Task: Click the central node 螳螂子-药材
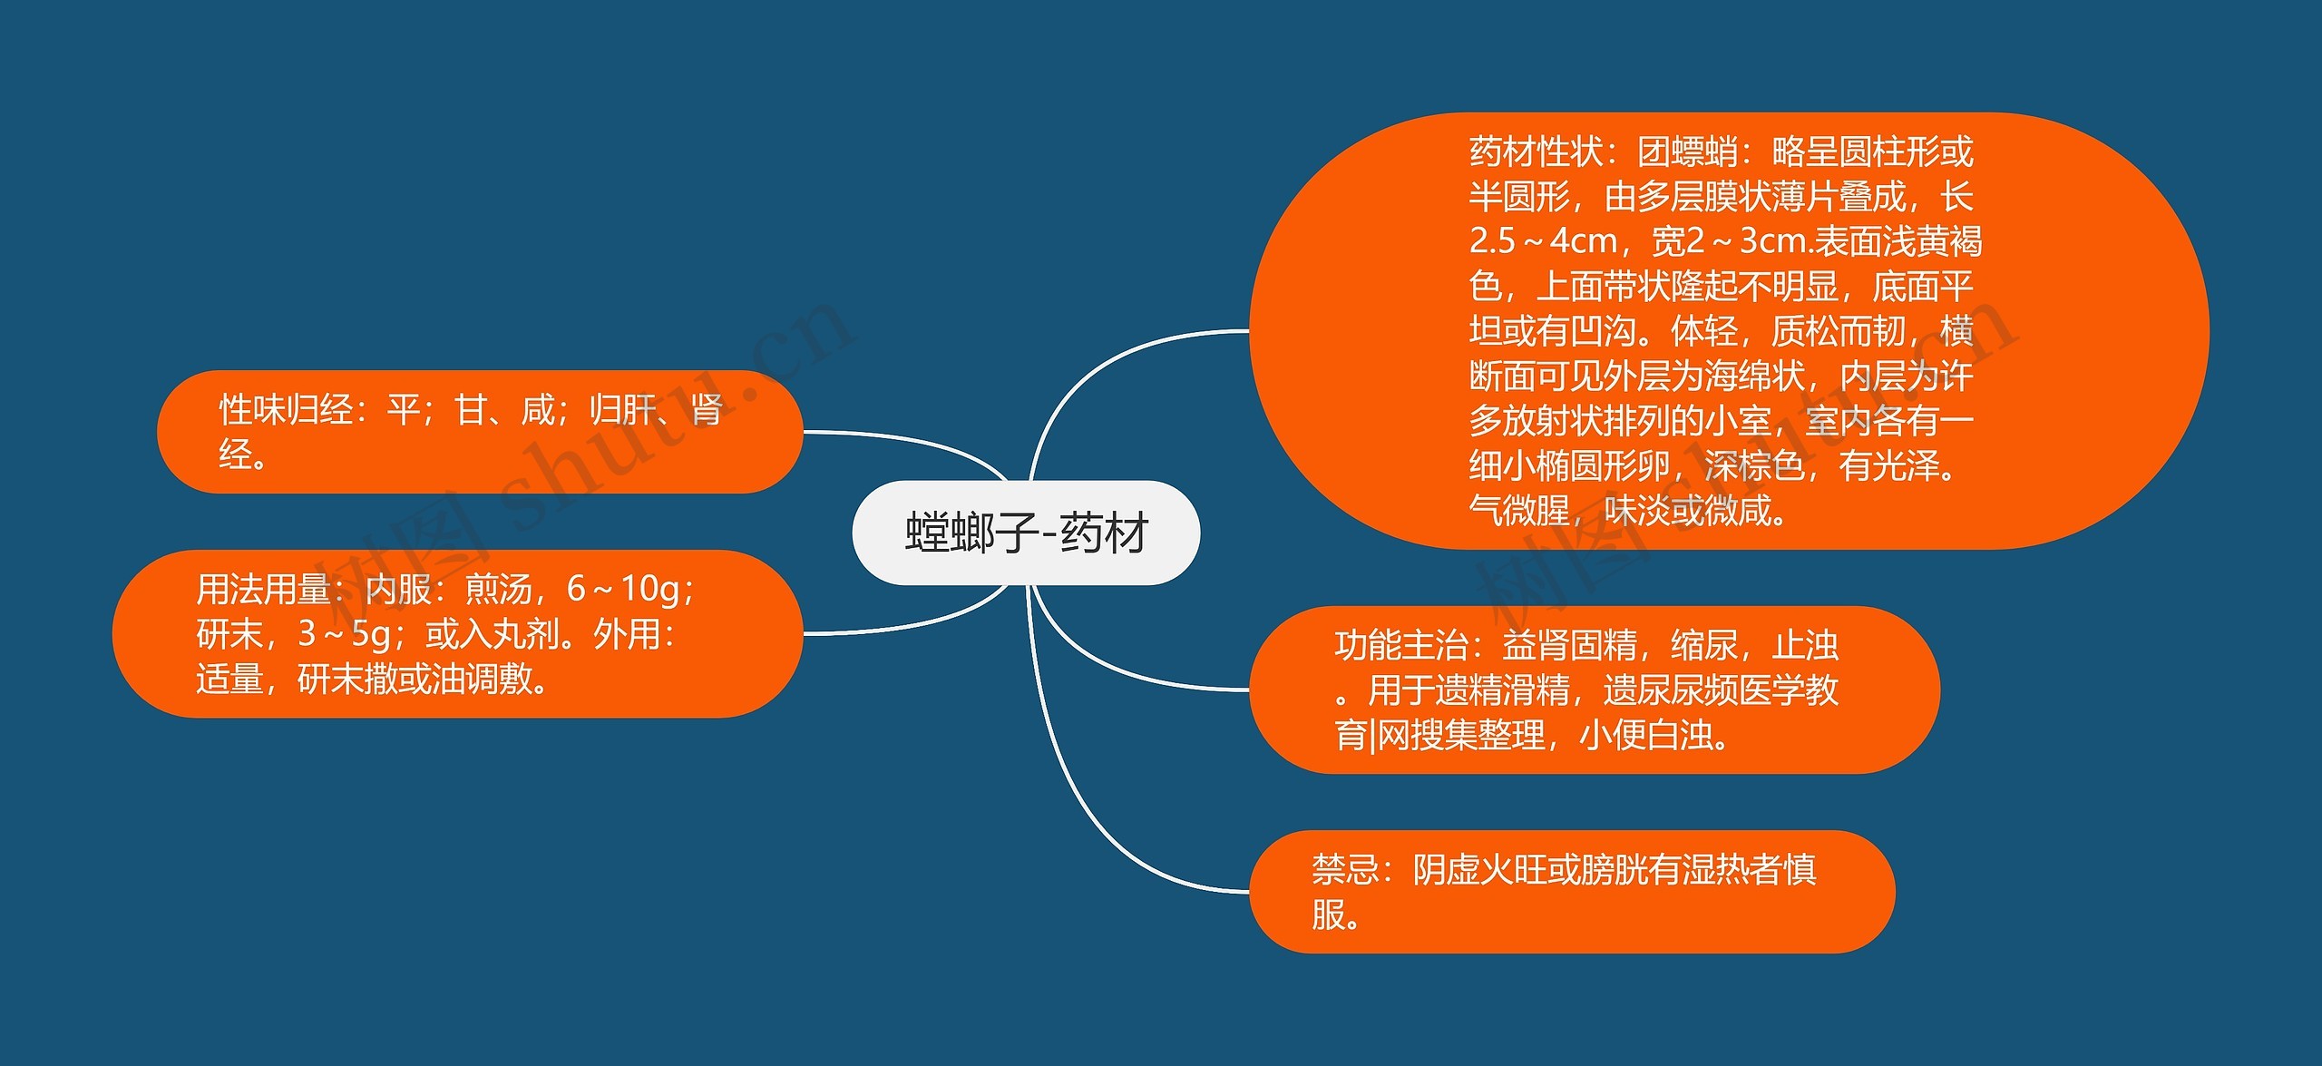(1026, 533)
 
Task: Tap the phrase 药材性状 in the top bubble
(1536, 152)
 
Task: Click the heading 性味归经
(286, 410)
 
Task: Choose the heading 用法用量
(263, 590)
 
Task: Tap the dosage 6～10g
(623, 590)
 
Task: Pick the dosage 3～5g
(345, 634)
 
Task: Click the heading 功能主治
(1401, 646)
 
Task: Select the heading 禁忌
(1345, 870)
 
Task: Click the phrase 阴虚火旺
(1479, 870)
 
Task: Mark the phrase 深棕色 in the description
(1754, 466)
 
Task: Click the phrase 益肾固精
(1570, 646)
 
